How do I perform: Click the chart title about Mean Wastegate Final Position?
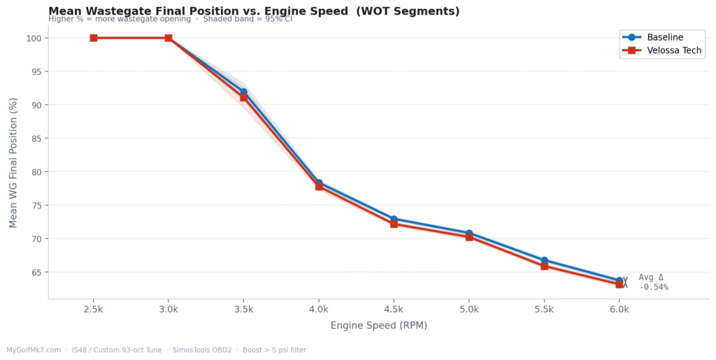tap(254, 11)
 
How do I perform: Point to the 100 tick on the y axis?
tap(34, 38)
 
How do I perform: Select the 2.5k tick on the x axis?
tap(93, 308)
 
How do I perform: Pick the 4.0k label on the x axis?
tap(319, 308)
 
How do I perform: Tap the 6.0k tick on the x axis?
tap(620, 308)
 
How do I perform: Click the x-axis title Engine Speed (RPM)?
tap(378, 326)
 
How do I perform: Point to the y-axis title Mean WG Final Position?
tap(13, 162)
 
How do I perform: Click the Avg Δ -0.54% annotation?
tap(653, 282)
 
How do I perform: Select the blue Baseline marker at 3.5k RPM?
tap(243, 92)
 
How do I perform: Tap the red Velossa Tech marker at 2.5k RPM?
tap(93, 38)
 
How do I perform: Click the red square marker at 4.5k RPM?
tap(394, 224)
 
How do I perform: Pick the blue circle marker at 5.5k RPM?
tap(544, 260)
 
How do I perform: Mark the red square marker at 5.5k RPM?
tap(544, 266)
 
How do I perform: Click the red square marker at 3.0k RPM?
tap(169, 38)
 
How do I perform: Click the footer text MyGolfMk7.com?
tap(34, 350)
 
